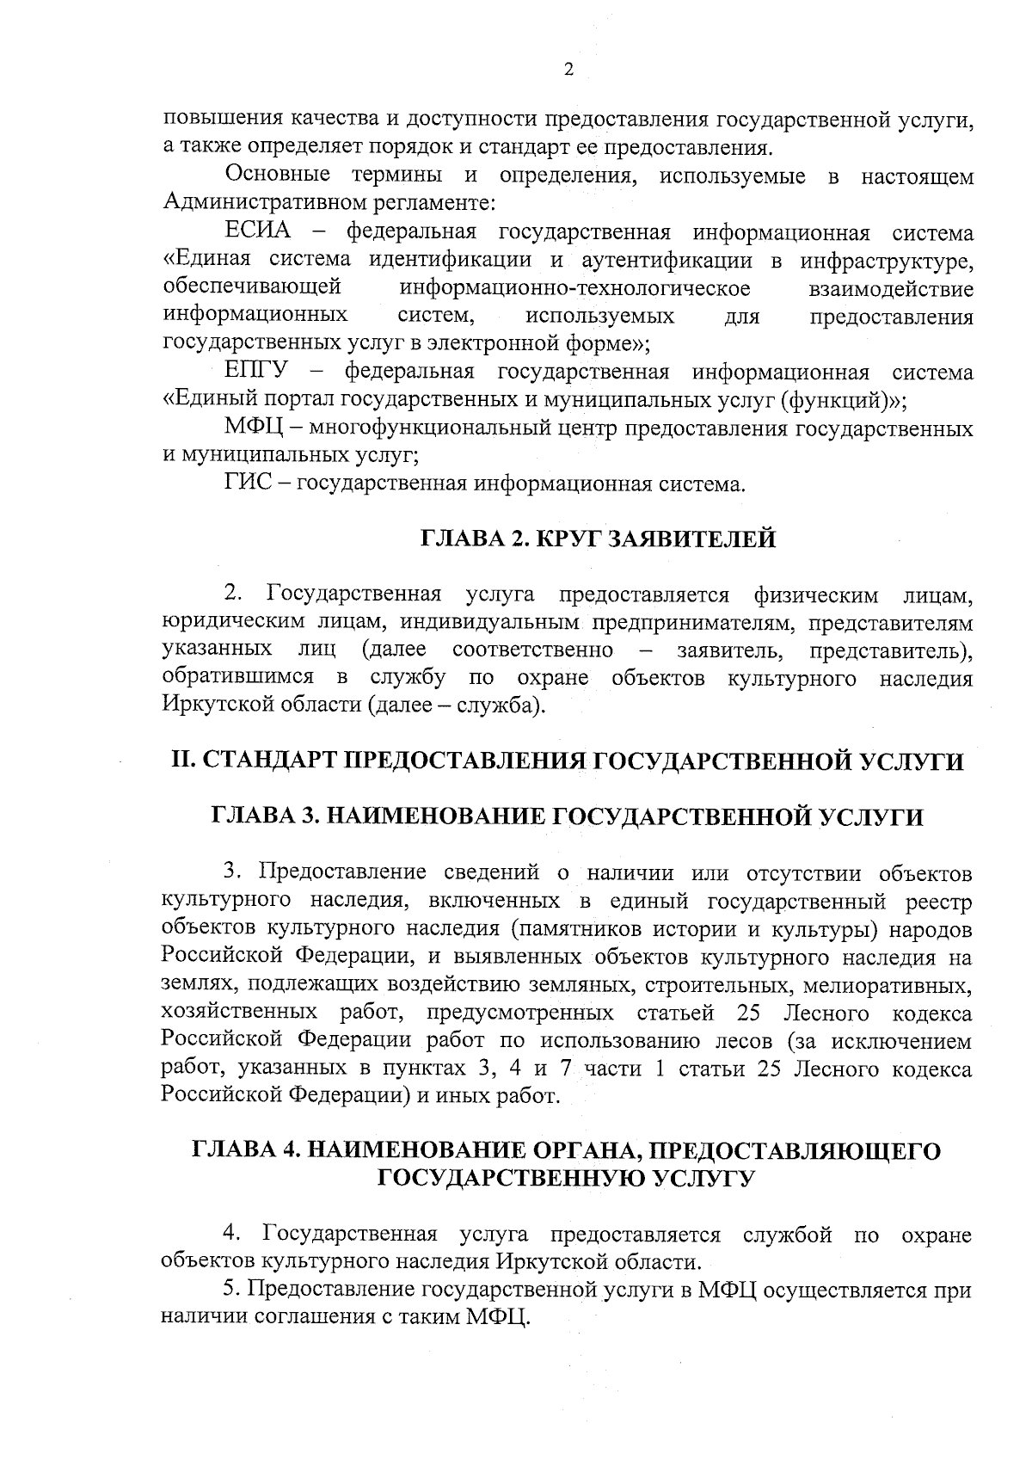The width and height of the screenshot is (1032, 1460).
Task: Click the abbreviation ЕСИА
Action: (x=257, y=233)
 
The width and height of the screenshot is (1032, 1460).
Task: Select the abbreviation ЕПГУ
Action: (x=256, y=373)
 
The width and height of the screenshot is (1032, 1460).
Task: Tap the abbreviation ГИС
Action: (x=249, y=484)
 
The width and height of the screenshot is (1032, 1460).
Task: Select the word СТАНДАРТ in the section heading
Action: (x=268, y=761)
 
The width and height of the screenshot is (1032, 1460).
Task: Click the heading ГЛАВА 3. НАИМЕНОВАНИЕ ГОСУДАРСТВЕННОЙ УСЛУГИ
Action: (x=568, y=816)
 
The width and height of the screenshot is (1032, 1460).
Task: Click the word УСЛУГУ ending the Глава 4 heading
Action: (x=697, y=1179)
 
